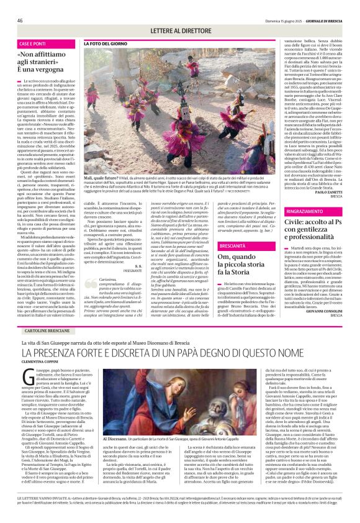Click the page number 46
click(20, 20)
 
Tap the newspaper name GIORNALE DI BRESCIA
click(326, 20)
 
